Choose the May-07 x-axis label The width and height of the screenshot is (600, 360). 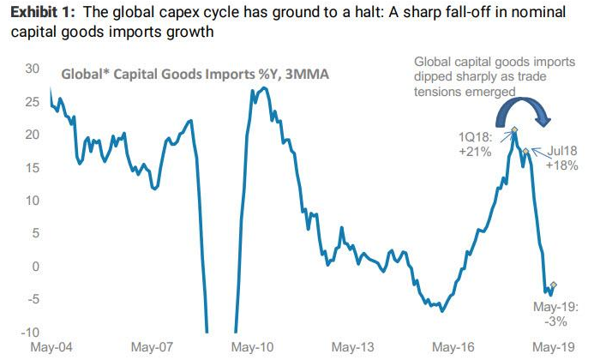pos(153,348)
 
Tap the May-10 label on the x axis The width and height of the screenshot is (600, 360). pos(254,348)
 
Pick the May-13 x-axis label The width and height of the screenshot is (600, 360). pos(354,348)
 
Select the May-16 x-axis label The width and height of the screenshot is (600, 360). pos(454,348)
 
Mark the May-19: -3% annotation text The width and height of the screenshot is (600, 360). pos(555,313)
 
